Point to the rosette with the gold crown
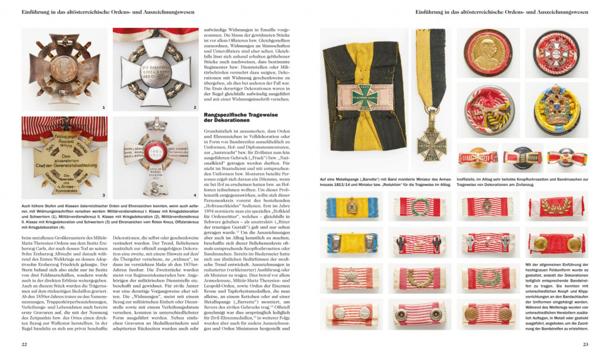pyautogui.click(x=556, y=109)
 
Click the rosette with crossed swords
pyautogui.click(x=487, y=109)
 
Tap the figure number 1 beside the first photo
pyautogui.click(x=103, y=108)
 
